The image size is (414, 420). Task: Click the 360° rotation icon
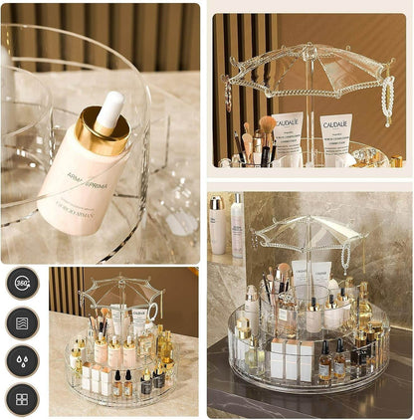(22, 283)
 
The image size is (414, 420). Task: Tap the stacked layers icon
(22, 322)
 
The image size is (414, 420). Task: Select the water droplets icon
(22, 361)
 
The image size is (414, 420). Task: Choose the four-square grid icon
(22, 399)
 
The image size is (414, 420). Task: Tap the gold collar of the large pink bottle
(102, 133)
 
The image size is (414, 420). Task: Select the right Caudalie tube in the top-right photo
(336, 135)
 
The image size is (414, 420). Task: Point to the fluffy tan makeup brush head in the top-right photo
(268, 124)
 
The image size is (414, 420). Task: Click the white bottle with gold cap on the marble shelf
(217, 225)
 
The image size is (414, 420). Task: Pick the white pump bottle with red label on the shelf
(237, 226)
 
